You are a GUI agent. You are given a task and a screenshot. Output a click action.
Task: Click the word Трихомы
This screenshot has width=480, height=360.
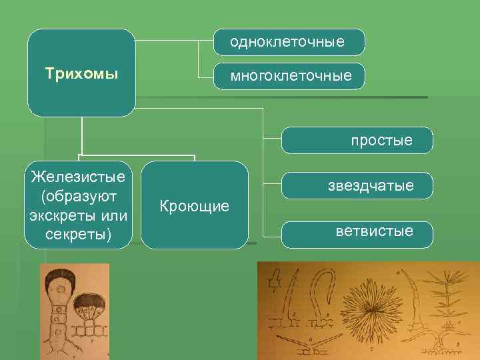[x=81, y=72]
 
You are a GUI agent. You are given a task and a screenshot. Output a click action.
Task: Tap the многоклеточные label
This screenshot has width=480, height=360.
[x=291, y=76]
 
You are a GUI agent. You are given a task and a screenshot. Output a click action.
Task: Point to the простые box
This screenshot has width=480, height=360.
[x=382, y=141]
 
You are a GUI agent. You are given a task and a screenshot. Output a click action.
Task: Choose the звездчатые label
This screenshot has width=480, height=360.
[x=371, y=185]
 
